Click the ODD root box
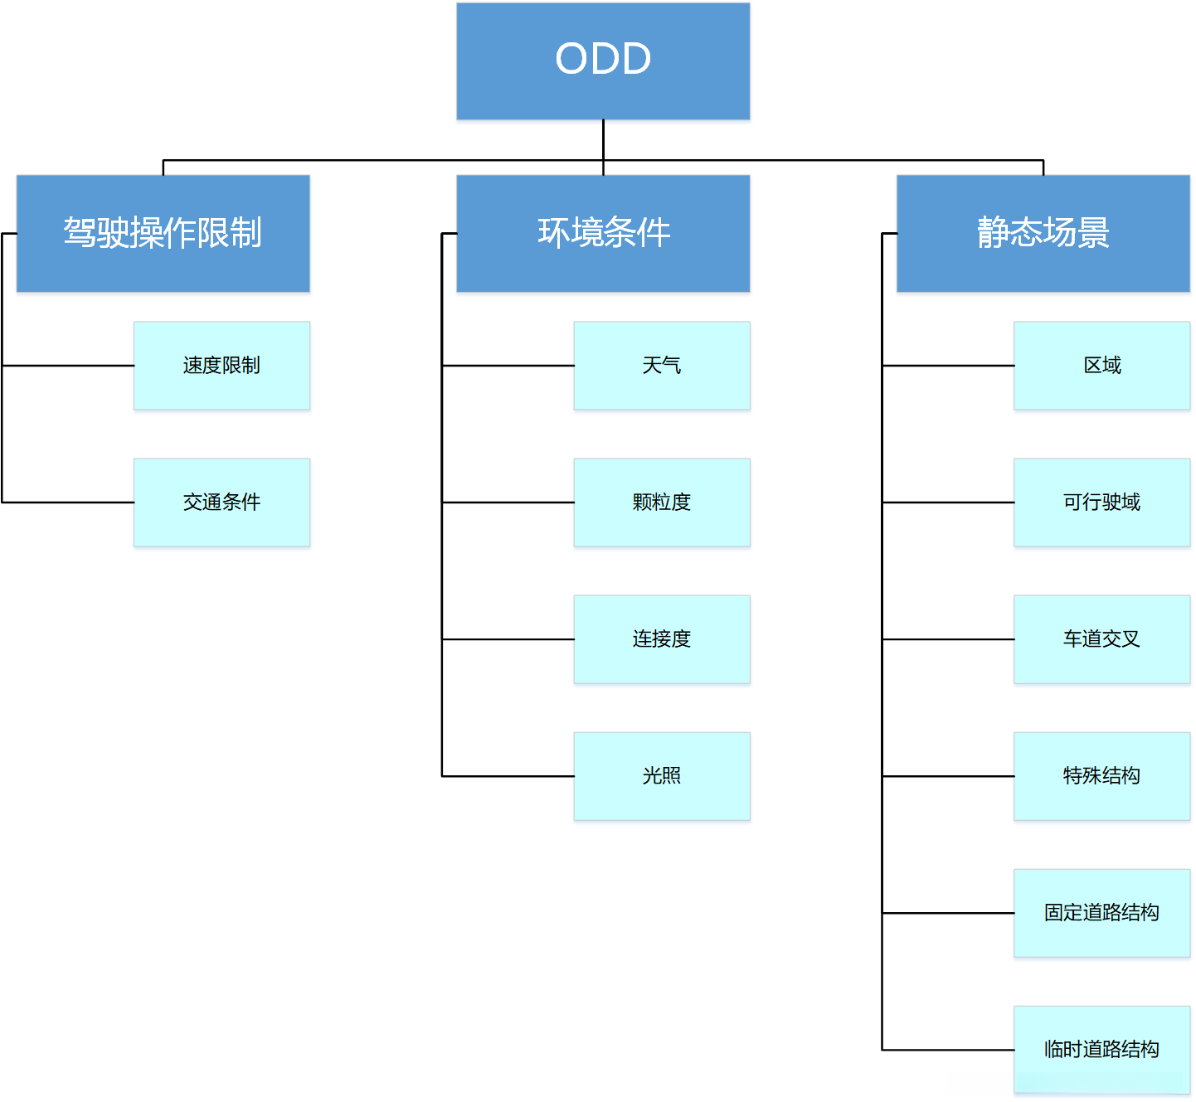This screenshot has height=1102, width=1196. click(x=603, y=61)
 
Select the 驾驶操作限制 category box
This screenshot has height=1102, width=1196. click(x=163, y=233)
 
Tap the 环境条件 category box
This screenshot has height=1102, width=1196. click(x=603, y=233)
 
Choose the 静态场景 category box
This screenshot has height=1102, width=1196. click(x=1043, y=233)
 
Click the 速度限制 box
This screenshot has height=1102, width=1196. click(x=221, y=366)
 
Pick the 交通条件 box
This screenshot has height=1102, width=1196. click(x=221, y=502)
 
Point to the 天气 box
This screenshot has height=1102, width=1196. click(x=661, y=366)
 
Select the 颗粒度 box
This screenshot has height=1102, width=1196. click(x=661, y=502)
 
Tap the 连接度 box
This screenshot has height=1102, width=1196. click(x=661, y=639)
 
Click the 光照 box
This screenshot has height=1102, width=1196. click(x=661, y=776)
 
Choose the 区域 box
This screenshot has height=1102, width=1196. click(x=1101, y=366)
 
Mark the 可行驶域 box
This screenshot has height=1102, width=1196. click(x=1101, y=502)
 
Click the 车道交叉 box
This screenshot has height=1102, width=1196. click(x=1101, y=639)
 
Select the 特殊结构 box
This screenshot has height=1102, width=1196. click(x=1101, y=776)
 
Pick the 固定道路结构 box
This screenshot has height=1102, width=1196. click(x=1101, y=913)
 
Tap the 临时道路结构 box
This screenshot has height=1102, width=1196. click(x=1101, y=1050)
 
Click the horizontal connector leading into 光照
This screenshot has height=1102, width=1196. click(x=508, y=776)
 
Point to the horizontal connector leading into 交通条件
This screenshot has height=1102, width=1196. click(x=68, y=502)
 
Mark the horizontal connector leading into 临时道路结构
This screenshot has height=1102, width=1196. click(x=948, y=1050)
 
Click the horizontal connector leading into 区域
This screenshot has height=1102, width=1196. click(x=948, y=366)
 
